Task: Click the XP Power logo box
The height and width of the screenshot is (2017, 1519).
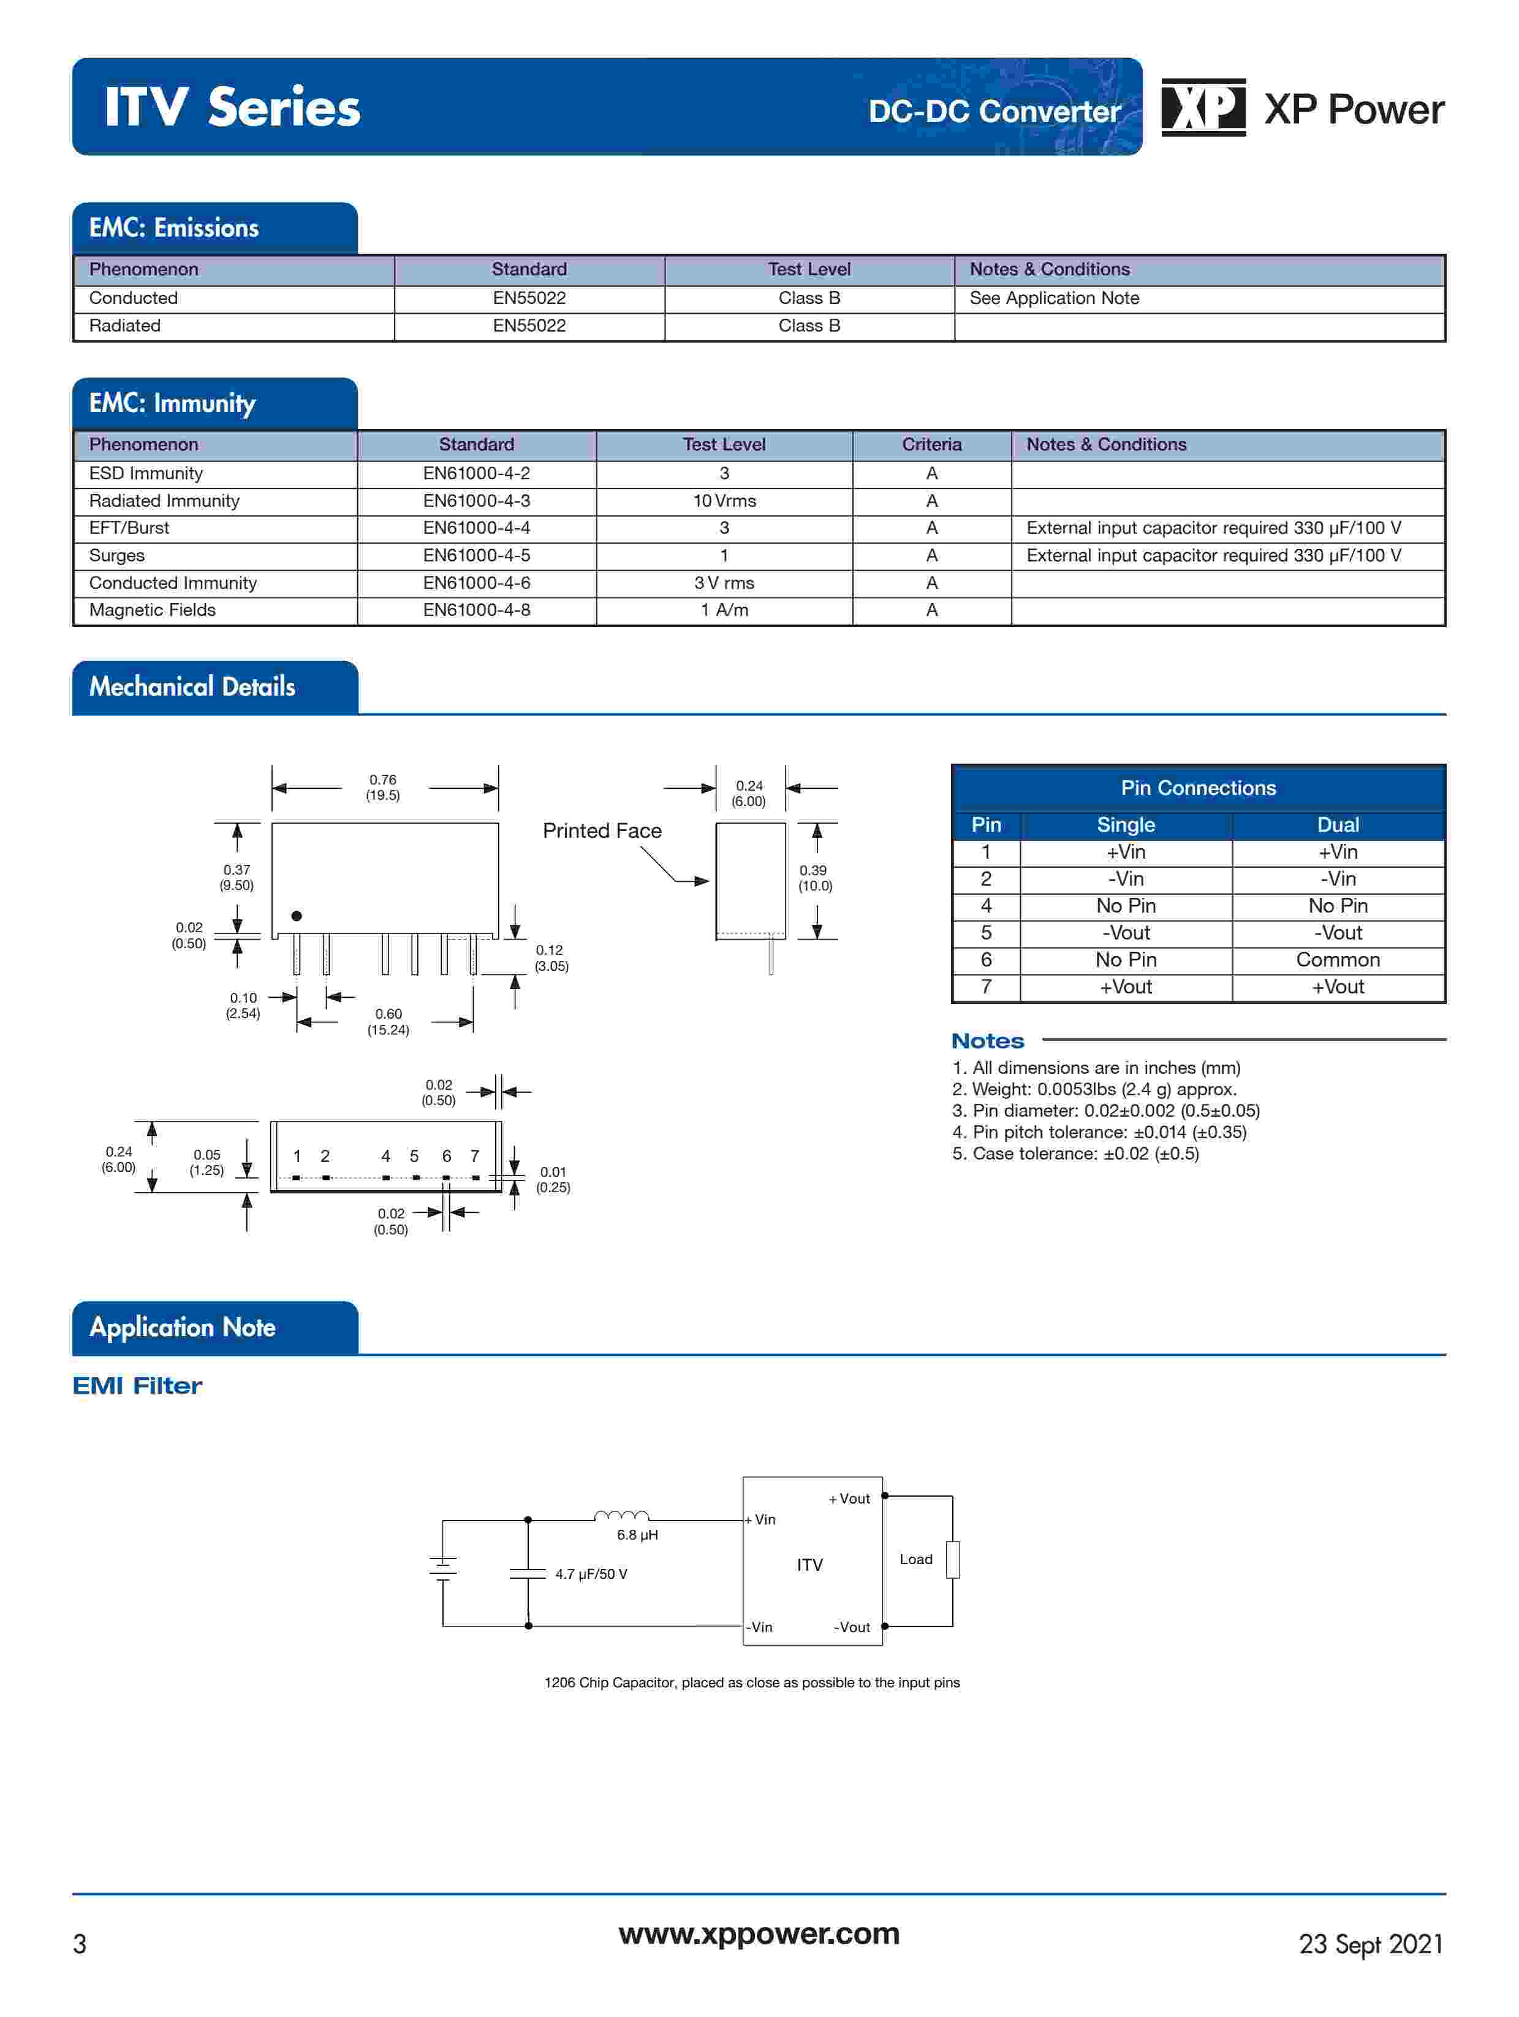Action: coord(1203,108)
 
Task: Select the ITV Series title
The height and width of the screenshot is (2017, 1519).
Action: coord(232,108)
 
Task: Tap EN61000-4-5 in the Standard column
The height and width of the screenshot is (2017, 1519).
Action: coord(476,555)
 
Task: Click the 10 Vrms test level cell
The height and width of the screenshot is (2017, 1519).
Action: coord(724,501)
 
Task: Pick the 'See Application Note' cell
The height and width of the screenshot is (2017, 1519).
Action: coord(1054,298)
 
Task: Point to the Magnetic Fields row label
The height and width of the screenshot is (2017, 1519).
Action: coord(152,610)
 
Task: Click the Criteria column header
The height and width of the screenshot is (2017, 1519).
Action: coord(931,444)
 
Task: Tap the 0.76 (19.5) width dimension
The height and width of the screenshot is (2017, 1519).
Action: coord(383,787)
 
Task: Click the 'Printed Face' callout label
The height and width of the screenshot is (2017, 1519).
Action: coord(602,830)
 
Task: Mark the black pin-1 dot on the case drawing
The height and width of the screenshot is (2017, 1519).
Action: coord(297,916)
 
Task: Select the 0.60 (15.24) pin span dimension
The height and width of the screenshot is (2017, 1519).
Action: coord(388,1021)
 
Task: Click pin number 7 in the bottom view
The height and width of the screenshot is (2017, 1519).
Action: coord(474,1157)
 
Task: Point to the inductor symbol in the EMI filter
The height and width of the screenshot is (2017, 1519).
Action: coord(622,1516)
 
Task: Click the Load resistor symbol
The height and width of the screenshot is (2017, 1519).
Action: coord(953,1559)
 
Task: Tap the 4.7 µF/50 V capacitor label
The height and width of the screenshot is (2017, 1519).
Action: coord(591,1574)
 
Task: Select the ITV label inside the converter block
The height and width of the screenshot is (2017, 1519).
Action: coord(809,1565)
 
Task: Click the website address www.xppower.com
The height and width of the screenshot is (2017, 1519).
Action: coord(759,1933)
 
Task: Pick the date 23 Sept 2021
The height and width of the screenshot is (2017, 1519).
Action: coord(1370,1944)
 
